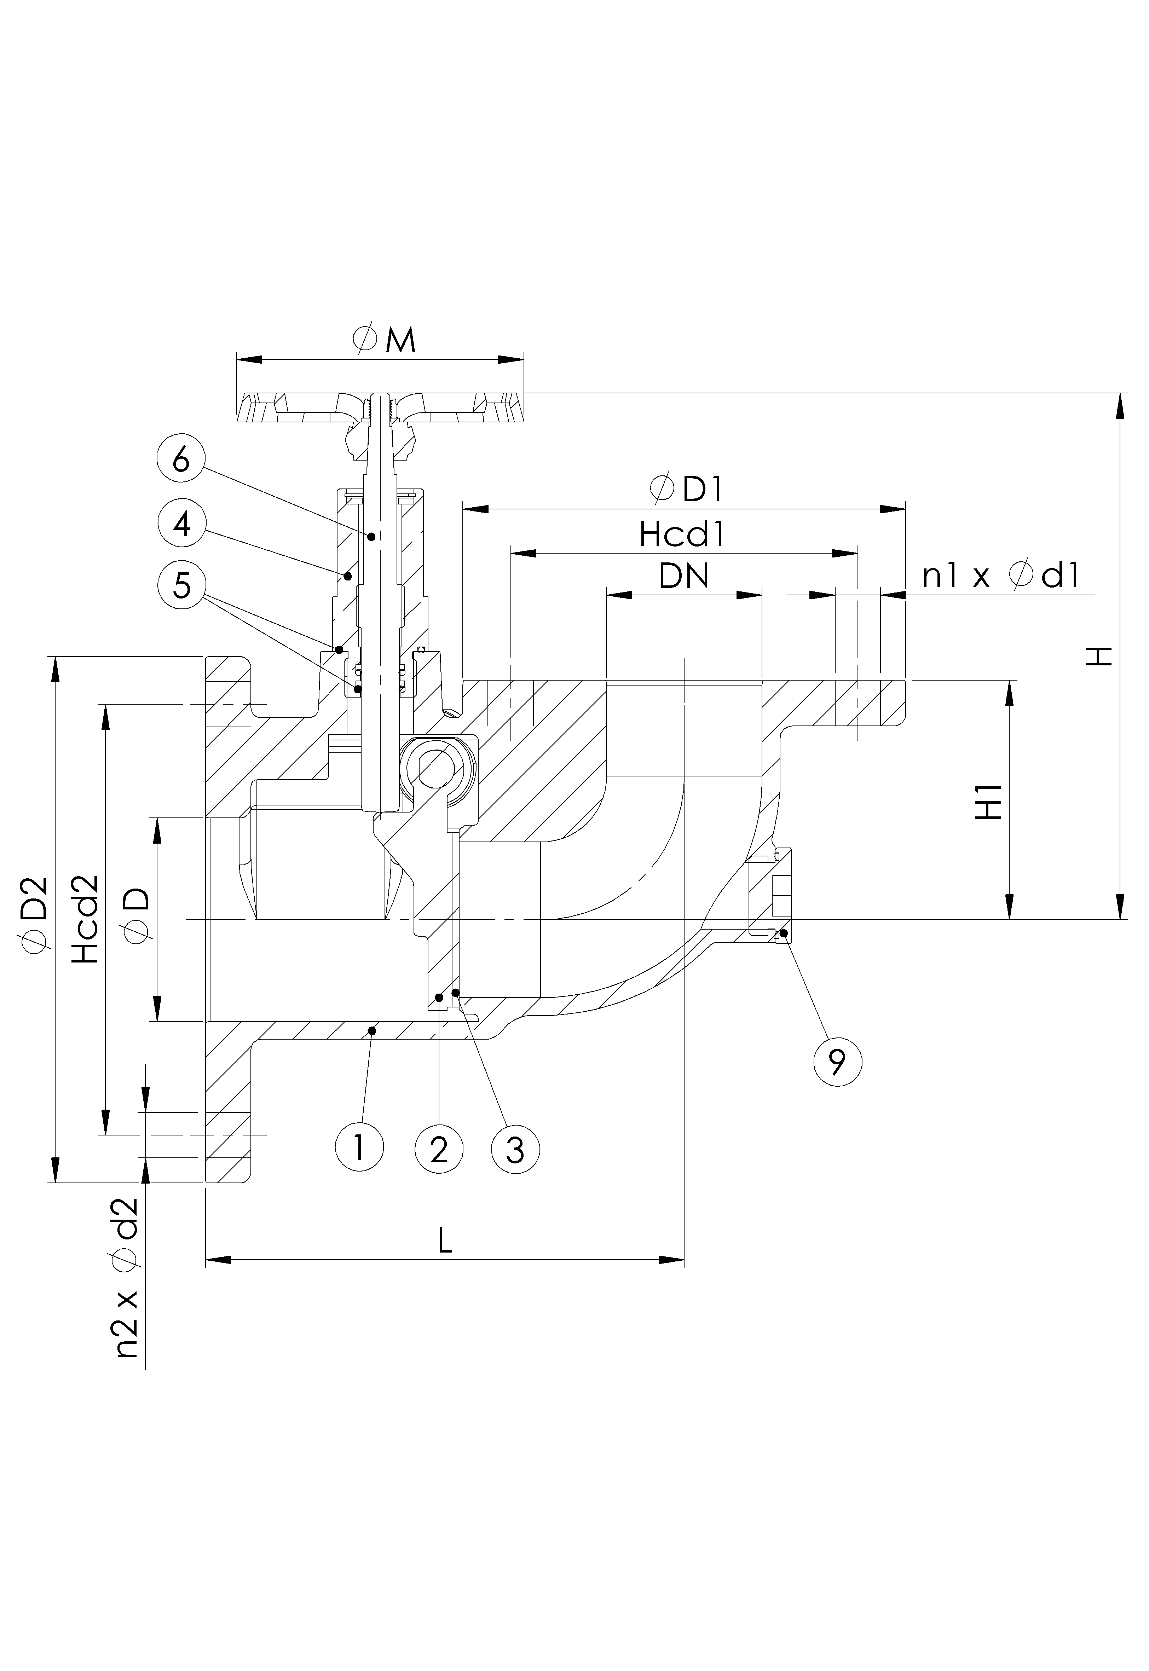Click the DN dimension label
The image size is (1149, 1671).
point(684,576)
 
